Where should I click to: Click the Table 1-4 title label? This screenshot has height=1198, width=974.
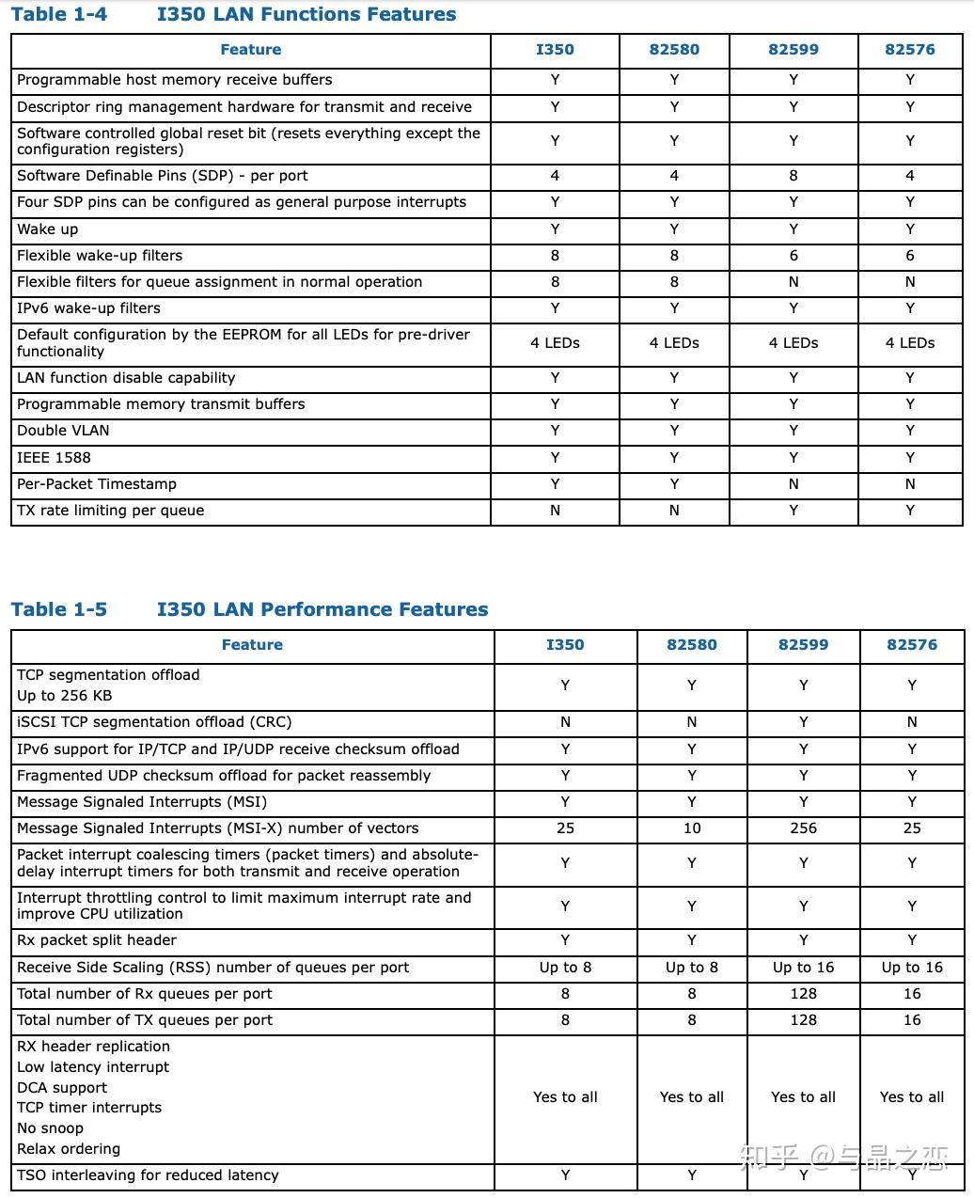(59, 14)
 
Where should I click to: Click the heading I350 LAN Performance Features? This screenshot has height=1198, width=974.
(322, 609)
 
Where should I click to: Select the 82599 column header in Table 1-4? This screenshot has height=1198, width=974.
(793, 50)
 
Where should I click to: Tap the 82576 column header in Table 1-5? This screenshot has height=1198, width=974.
(911, 645)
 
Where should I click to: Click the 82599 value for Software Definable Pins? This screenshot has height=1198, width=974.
(793, 176)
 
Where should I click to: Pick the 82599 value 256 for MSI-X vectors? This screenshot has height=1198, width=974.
(803, 828)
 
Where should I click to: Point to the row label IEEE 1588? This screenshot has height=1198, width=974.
(54, 458)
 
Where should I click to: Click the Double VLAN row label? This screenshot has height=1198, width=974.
(63, 431)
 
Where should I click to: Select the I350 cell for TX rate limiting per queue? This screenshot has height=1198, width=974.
(555, 511)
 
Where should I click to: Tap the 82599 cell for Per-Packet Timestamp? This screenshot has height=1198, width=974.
(793, 484)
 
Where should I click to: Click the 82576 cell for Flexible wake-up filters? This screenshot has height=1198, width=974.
(909, 256)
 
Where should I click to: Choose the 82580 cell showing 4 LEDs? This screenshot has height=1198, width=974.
(674, 343)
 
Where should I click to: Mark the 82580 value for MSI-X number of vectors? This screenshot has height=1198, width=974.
(691, 828)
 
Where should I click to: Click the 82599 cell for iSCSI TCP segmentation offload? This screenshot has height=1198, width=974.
(803, 722)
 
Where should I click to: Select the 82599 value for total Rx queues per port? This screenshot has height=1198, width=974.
(803, 994)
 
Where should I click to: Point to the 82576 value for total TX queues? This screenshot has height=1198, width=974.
(911, 1020)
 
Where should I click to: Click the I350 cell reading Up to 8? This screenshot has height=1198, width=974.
(565, 968)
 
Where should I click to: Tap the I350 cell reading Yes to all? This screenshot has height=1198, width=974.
(565, 1097)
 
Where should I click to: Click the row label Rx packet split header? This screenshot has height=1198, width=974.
(97, 940)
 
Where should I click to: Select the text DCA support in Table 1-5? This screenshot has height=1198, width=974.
(62, 1088)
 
